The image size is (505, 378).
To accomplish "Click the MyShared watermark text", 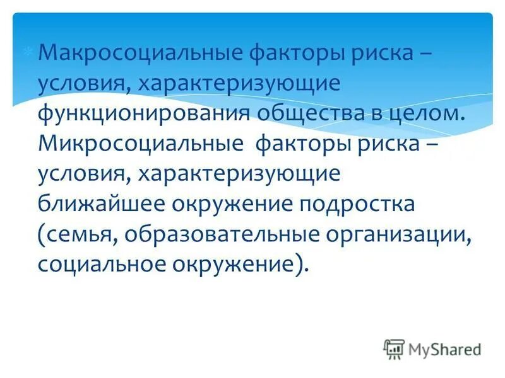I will (x=444, y=348).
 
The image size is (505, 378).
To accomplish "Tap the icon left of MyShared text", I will (x=394, y=348).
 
